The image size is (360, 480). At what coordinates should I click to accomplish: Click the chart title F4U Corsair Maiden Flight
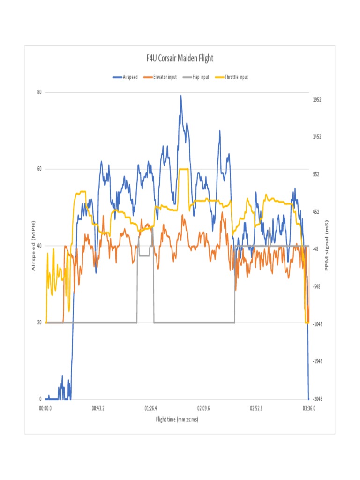[x=180, y=59]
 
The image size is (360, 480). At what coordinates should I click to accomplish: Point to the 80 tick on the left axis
[x=40, y=92]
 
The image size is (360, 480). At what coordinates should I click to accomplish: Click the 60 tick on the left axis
[x=40, y=169]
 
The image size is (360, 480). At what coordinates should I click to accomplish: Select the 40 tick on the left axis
[x=40, y=246]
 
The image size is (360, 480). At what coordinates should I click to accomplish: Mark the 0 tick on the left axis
[x=41, y=399]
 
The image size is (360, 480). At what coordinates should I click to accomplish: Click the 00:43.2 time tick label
[x=98, y=409]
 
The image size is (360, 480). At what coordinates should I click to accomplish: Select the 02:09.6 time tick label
[x=203, y=409]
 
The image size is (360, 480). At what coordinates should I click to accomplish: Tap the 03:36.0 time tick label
[x=309, y=409]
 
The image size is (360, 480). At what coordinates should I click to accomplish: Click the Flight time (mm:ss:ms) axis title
[x=177, y=419]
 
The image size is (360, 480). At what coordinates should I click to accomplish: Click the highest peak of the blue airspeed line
[x=180, y=96]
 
